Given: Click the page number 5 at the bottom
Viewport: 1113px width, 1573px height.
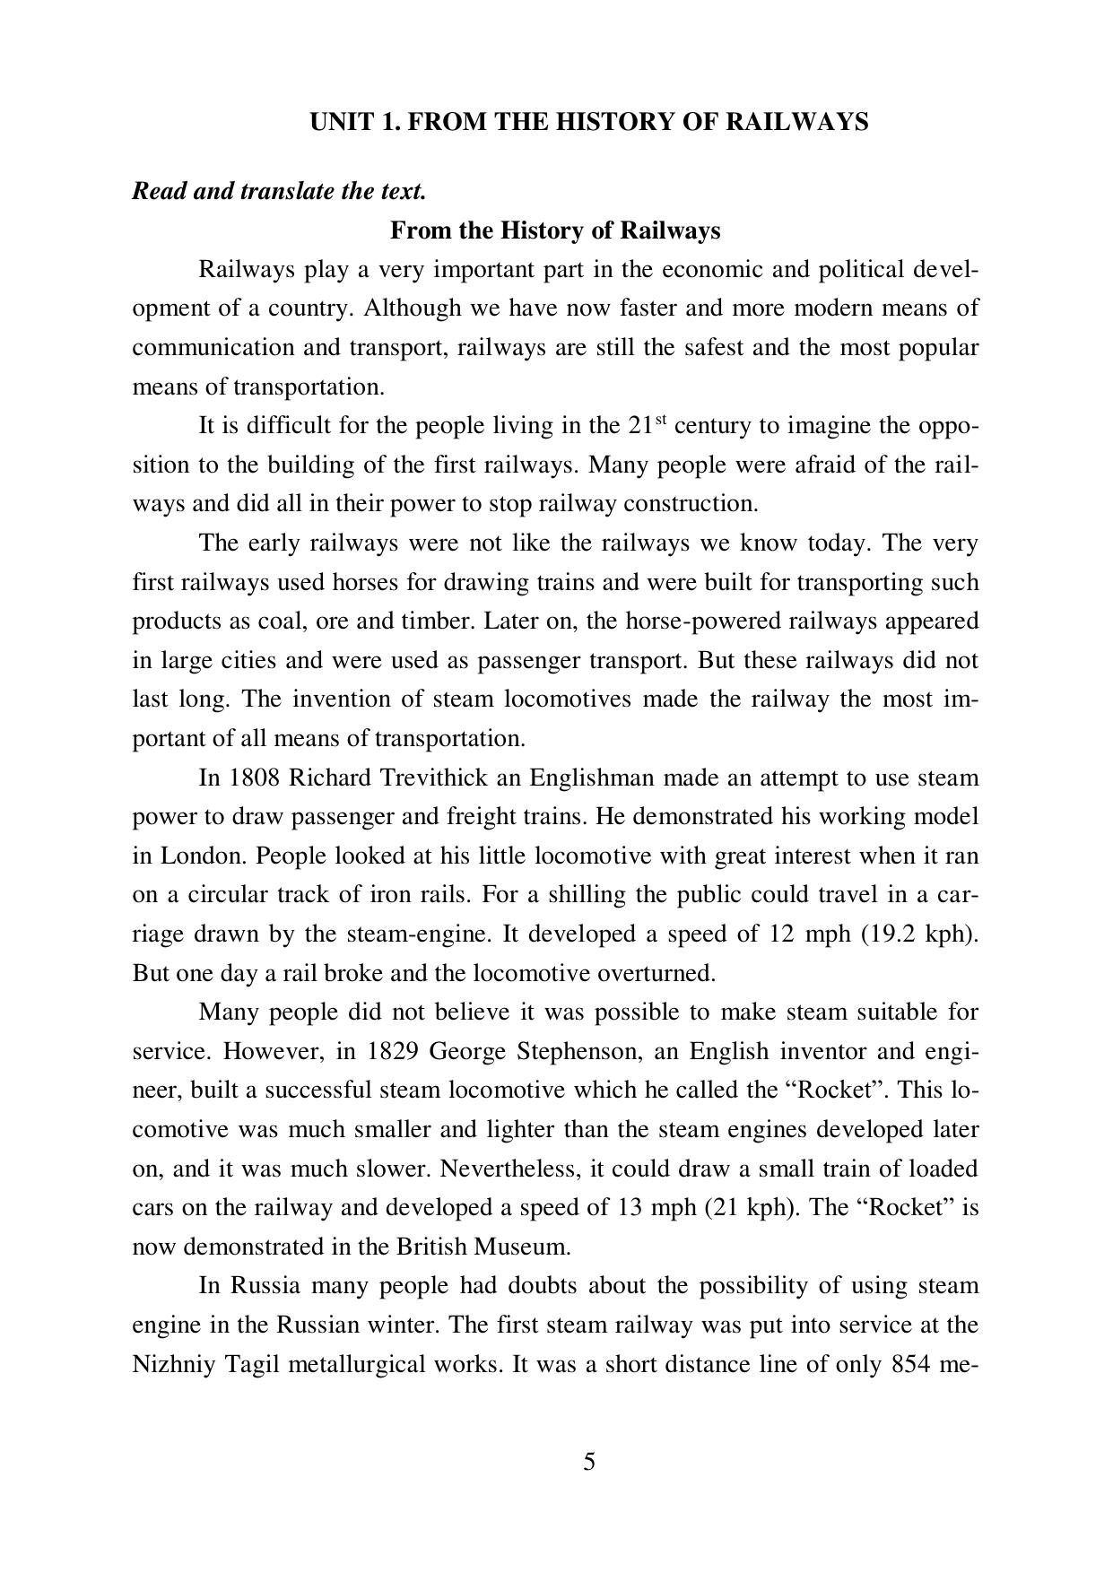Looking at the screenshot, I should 589,1463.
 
